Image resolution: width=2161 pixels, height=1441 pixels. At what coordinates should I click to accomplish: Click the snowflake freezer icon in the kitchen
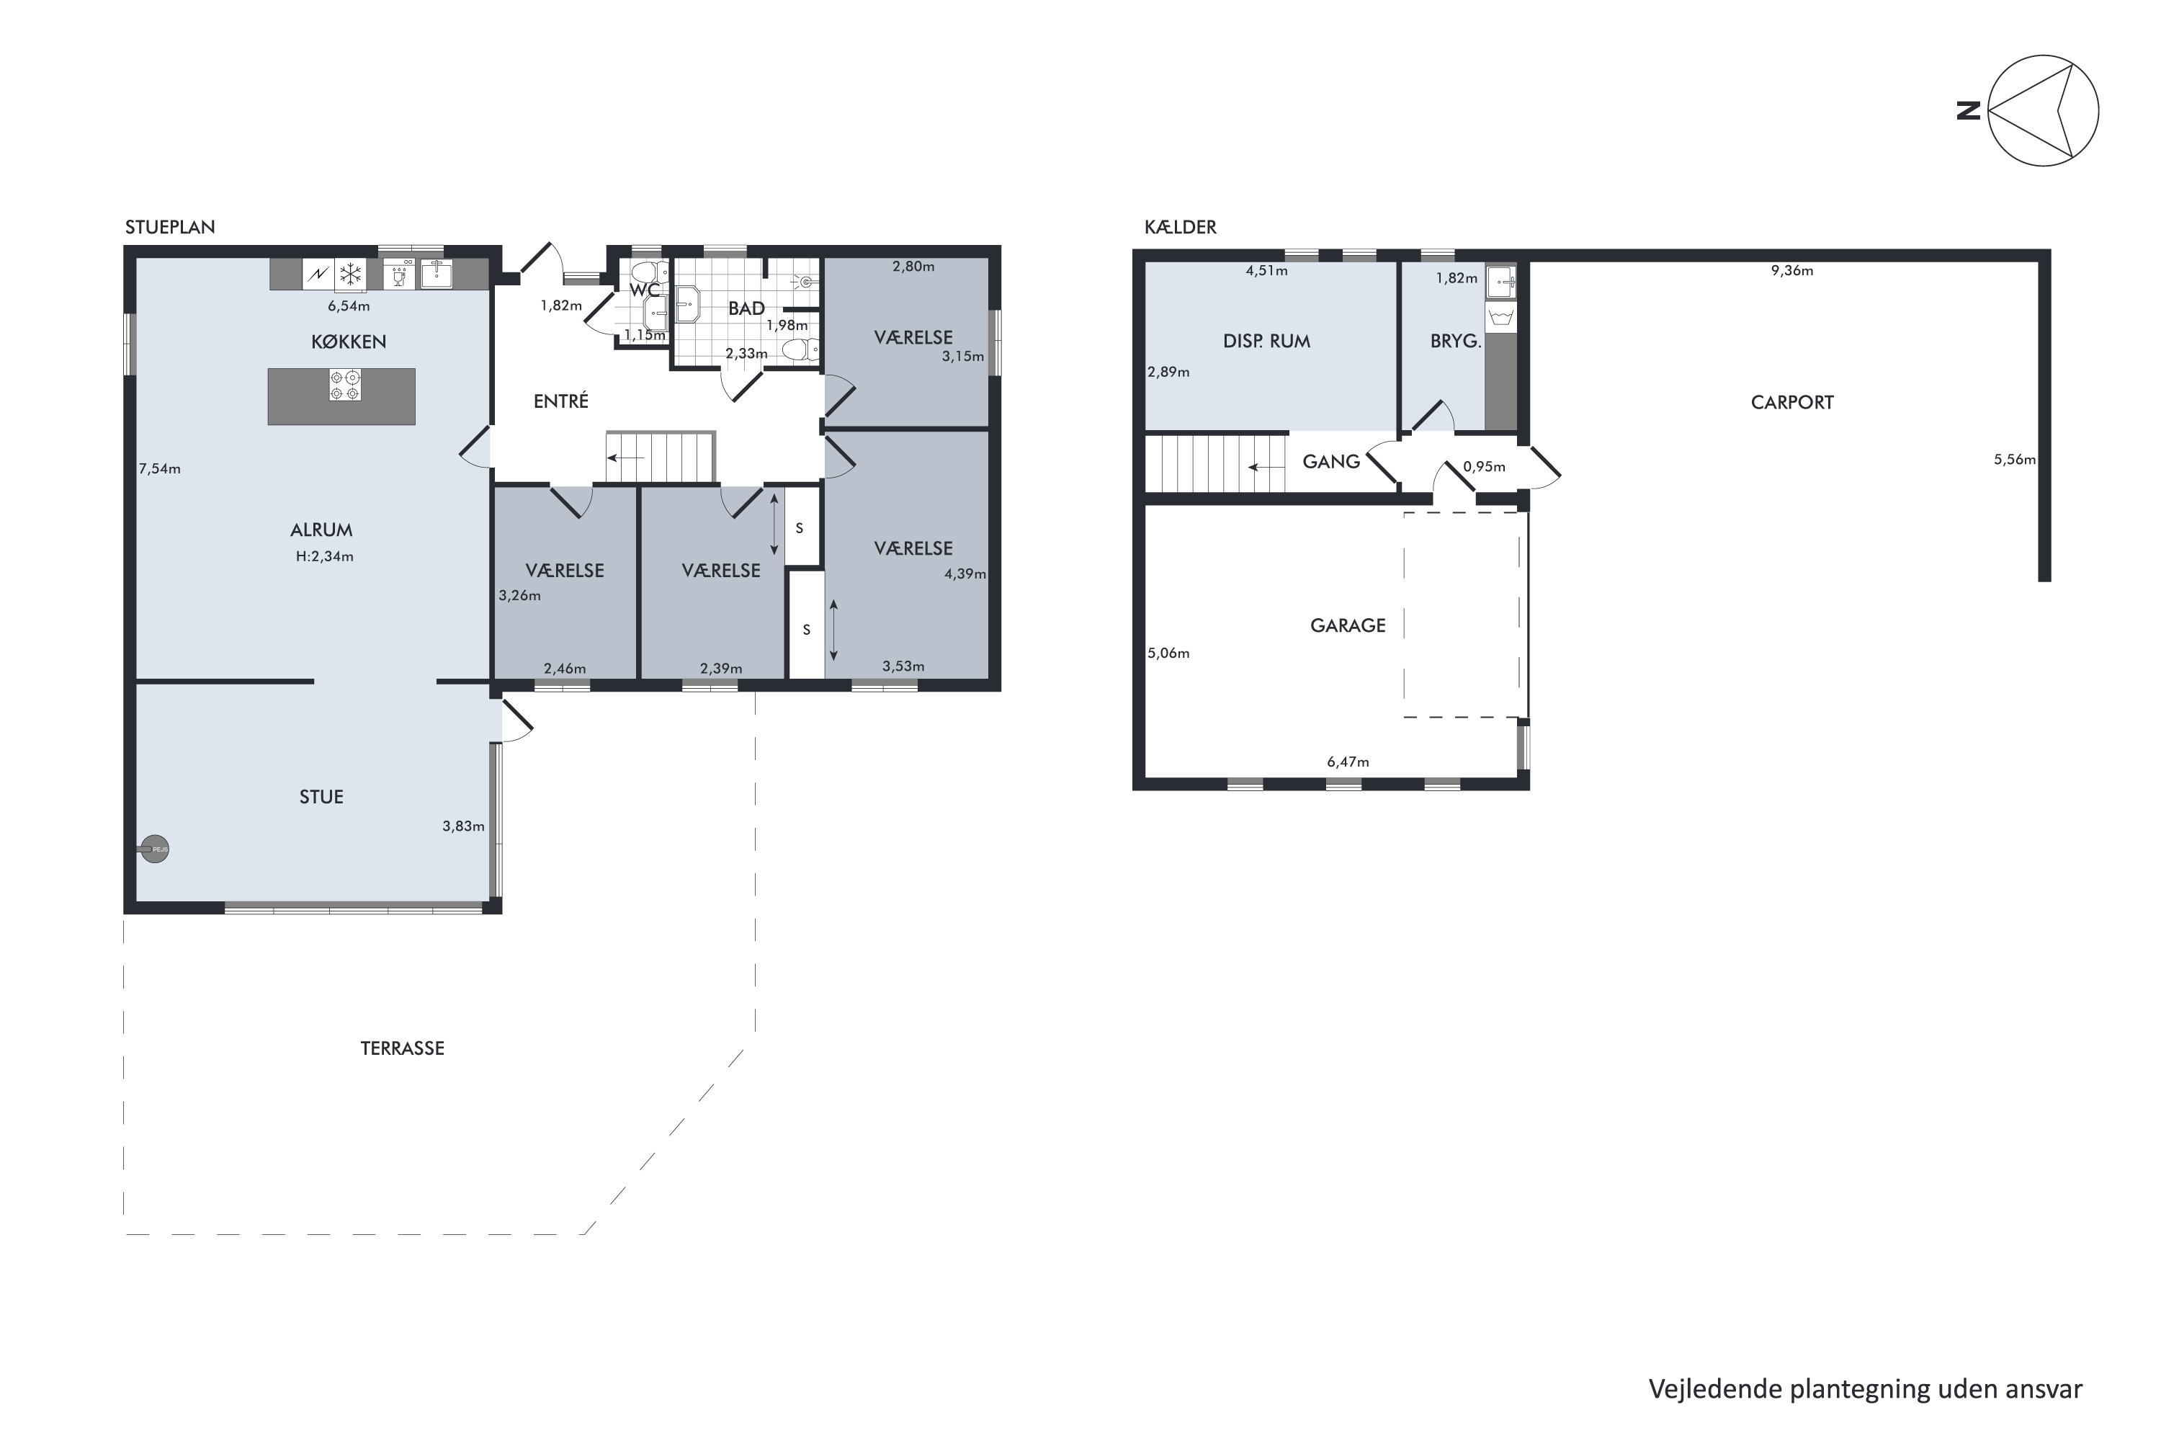350,274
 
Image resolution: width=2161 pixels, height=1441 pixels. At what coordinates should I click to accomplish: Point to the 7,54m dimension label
160,469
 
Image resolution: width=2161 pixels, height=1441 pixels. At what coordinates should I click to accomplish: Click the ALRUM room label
321,530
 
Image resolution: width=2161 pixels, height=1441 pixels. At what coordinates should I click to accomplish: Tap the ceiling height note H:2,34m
324,556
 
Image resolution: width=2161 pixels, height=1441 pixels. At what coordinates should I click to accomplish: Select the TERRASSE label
403,1048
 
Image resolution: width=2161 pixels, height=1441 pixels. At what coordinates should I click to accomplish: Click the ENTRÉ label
561,401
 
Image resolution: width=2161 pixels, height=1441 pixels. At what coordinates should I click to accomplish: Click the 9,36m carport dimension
1791,271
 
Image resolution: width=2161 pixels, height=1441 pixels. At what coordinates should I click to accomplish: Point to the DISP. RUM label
1266,341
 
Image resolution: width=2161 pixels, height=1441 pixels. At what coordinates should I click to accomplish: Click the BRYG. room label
1455,341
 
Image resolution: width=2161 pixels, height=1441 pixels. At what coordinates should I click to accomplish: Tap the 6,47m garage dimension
1348,762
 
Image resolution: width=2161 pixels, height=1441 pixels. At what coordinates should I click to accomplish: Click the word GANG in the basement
1331,461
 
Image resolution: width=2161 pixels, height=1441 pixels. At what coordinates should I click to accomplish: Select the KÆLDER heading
1181,227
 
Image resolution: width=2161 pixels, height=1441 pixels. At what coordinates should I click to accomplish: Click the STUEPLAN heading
170,227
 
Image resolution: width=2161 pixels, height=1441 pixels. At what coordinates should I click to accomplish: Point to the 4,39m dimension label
965,574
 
